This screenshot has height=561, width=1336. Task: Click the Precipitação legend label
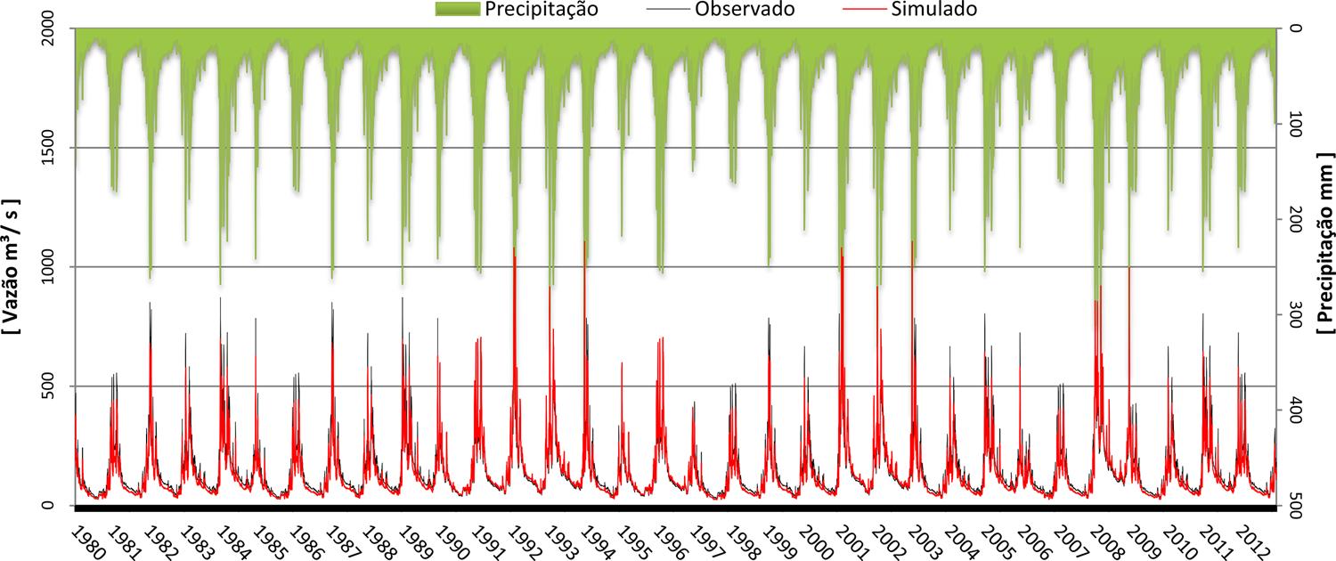point(541,11)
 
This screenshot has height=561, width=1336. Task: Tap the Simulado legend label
point(939,11)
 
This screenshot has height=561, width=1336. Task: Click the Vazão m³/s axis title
point(12,265)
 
